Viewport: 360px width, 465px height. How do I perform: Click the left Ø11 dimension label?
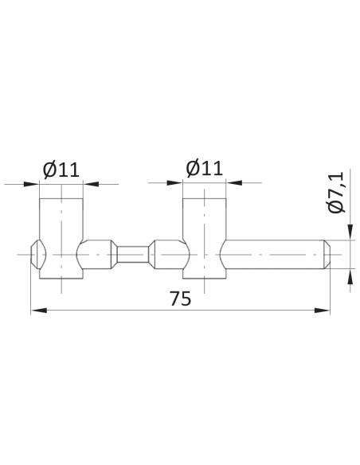click(61, 170)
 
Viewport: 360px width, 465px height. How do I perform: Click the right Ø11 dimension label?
click(204, 168)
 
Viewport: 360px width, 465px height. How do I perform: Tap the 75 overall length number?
click(180, 299)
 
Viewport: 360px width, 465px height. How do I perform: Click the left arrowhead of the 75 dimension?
click(39, 311)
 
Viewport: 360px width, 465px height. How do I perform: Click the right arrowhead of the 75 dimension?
click(322, 311)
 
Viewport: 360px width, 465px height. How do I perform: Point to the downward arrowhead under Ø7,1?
click(350, 232)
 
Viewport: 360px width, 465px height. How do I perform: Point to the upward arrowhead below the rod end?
click(350, 277)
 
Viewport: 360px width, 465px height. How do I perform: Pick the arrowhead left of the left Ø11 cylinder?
click(31, 184)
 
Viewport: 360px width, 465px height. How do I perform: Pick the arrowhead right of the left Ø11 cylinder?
click(91, 184)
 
